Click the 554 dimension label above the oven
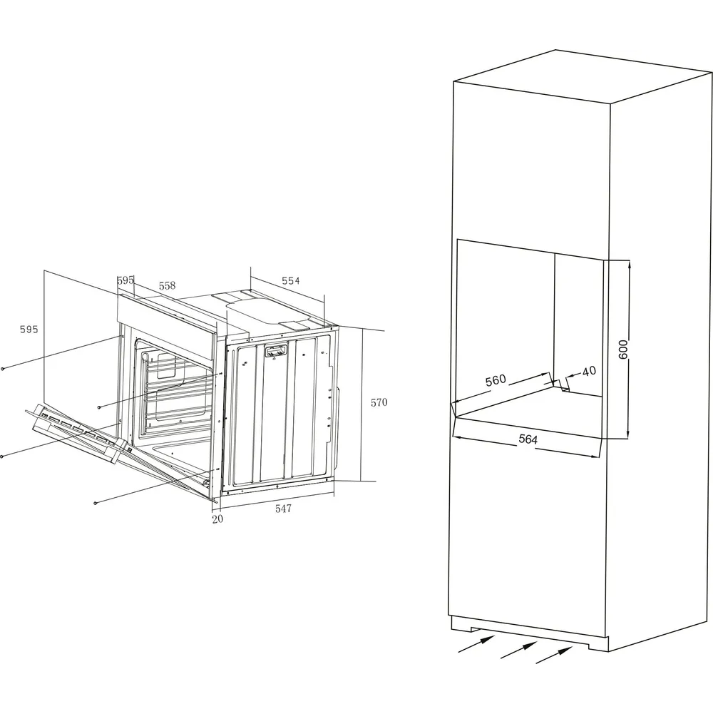tap(290, 281)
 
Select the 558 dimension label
tap(167, 286)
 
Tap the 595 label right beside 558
tap(125, 280)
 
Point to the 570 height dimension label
tap(379, 402)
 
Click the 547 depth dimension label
tap(283, 509)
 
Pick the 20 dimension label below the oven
tap(217, 519)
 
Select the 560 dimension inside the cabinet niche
tap(496, 379)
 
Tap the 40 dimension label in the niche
tap(589, 371)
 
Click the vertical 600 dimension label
tap(623, 350)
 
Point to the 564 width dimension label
tap(528, 439)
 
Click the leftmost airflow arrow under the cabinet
tap(476, 644)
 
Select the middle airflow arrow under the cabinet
tap(518, 650)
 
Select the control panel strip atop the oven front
tap(167, 314)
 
